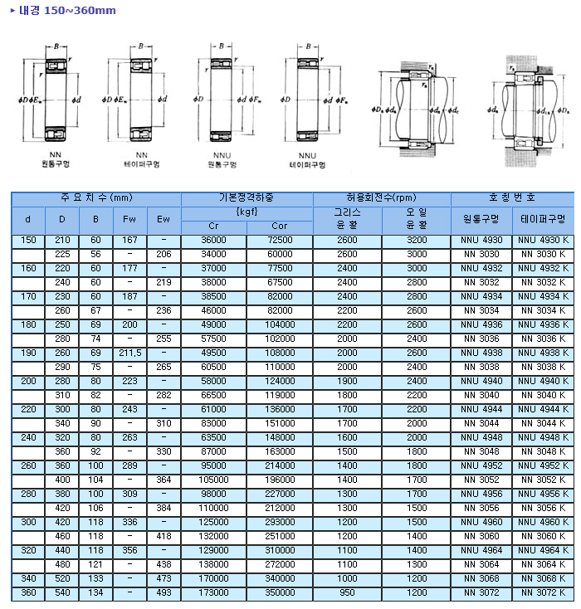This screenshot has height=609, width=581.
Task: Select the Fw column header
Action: click(129, 220)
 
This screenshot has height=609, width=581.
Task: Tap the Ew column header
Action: click(164, 220)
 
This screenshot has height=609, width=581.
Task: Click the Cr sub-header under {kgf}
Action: click(213, 227)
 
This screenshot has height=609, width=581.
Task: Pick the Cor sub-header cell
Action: click(280, 227)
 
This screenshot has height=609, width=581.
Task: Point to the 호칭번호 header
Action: click(512, 198)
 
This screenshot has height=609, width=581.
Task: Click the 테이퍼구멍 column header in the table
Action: click(543, 220)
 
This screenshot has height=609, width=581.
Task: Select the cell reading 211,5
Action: click(129, 353)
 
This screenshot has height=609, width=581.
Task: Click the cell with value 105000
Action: click(213, 480)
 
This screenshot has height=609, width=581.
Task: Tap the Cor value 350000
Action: click(280, 593)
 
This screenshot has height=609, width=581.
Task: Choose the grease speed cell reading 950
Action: click(347, 593)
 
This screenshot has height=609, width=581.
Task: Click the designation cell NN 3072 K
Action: click(543, 593)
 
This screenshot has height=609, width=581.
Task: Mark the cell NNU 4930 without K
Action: click(481, 240)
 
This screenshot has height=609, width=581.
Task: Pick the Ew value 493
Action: click(164, 593)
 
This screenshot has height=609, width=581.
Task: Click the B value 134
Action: click(95, 593)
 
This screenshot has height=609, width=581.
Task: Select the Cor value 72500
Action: click(280, 240)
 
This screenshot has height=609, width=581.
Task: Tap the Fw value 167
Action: click(129, 240)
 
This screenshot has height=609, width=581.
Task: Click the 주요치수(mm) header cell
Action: click(96, 198)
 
